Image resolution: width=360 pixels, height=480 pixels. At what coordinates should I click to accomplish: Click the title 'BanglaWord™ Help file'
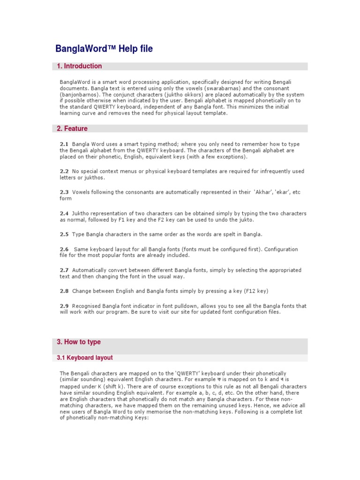(x=104, y=49)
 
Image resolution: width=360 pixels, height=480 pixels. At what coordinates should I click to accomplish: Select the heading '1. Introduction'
(x=79, y=66)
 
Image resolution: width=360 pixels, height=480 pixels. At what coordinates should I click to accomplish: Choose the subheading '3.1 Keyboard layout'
(x=85, y=358)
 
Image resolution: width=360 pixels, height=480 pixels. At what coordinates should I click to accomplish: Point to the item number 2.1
(x=64, y=144)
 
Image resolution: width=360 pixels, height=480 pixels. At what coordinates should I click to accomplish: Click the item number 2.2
(x=64, y=172)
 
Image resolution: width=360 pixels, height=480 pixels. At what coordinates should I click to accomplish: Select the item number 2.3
(x=64, y=192)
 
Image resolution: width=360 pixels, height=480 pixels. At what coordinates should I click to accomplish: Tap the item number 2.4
(x=64, y=213)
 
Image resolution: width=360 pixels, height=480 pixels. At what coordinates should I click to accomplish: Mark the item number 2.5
(x=64, y=234)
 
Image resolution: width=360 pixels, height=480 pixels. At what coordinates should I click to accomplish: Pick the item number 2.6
(x=64, y=249)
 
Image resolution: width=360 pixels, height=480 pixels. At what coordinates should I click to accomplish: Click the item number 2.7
(x=64, y=270)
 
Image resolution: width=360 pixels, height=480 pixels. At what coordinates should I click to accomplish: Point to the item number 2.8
(x=64, y=291)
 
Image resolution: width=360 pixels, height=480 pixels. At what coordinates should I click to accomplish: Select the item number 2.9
(x=64, y=306)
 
